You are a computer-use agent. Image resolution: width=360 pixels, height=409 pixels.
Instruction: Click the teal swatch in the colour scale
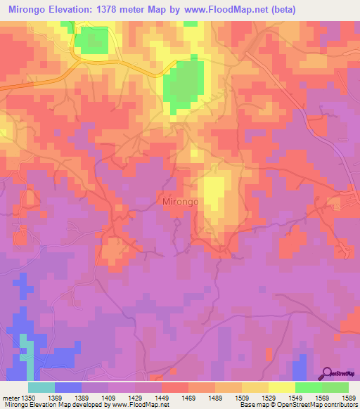pyautogui.click(x=41, y=387)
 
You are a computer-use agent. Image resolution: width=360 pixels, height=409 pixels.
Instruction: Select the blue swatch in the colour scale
pyautogui.click(x=68, y=387)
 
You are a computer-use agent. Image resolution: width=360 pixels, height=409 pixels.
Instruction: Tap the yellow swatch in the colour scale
pyautogui.click(x=282, y=387)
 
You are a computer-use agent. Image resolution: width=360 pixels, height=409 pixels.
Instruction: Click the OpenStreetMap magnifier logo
pyautogui.click(x=328, y=373)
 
